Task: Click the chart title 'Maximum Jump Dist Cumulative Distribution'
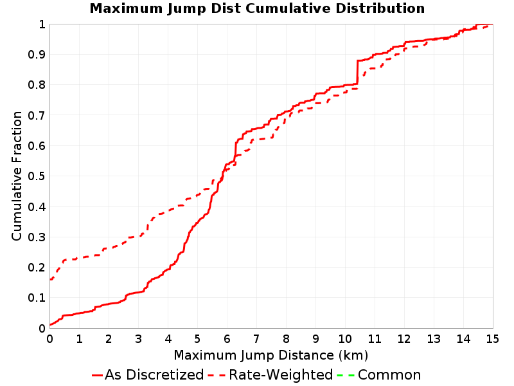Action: point(257,8)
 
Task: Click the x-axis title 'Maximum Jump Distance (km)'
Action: point(270,355)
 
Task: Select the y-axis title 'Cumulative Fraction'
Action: point(17,176)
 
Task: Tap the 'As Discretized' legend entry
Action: point(148,374)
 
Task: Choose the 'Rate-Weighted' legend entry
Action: point(270,374)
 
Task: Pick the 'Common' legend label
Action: point(389,375)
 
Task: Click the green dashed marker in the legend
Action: point(346,375)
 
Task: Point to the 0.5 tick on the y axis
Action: point(37,176)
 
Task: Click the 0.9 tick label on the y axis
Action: point(37,55)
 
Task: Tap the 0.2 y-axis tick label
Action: point(37,268)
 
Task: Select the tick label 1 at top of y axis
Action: point(42,24)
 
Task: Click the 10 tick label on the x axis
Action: point(345,339)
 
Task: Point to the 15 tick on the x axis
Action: point(492,339)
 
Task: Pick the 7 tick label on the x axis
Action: point(256,339)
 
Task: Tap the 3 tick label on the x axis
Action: point(138,339)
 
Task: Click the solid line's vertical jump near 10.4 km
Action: point(357,72)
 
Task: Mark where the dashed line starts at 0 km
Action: point(50,280)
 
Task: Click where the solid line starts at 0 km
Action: point(50,325)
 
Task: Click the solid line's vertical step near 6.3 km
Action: point(235,151)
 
